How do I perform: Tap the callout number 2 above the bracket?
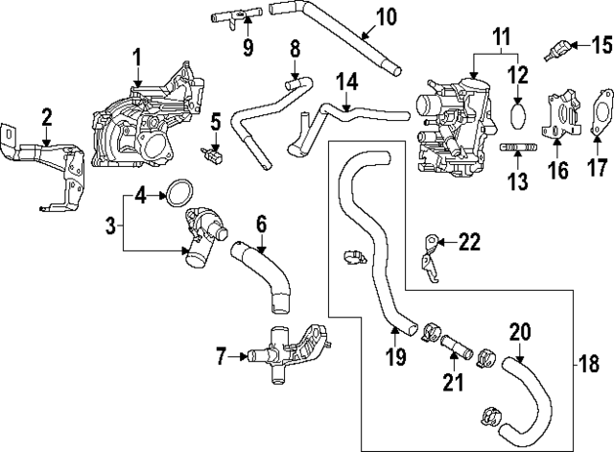46,118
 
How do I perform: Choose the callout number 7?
222,357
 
